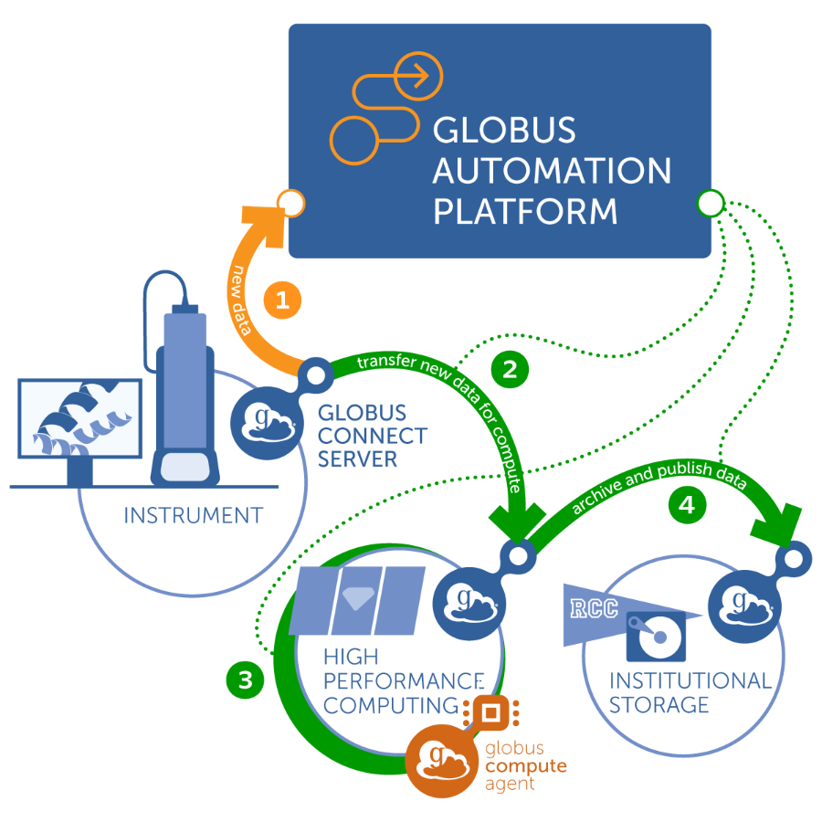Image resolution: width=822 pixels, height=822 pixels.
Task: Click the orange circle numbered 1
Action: coord(282,300)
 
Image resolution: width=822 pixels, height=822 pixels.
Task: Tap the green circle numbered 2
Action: coord(509,369)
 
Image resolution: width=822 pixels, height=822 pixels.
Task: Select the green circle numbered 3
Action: coord(245,680)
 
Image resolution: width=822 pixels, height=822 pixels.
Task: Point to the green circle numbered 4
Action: coord(687,503)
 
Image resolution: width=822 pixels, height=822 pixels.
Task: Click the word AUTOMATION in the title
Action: coord(552,171)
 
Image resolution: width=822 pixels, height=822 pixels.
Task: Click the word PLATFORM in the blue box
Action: coord(524,212)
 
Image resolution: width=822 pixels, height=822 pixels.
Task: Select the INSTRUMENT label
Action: coord(193,515)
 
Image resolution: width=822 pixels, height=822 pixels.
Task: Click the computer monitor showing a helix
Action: coord(80,419)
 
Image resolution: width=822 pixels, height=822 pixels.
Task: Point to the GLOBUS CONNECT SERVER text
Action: coord(372,435)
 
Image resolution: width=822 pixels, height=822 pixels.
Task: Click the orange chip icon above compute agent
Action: coord(490,711)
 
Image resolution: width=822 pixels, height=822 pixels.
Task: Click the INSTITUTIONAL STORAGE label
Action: coord(690,692)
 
